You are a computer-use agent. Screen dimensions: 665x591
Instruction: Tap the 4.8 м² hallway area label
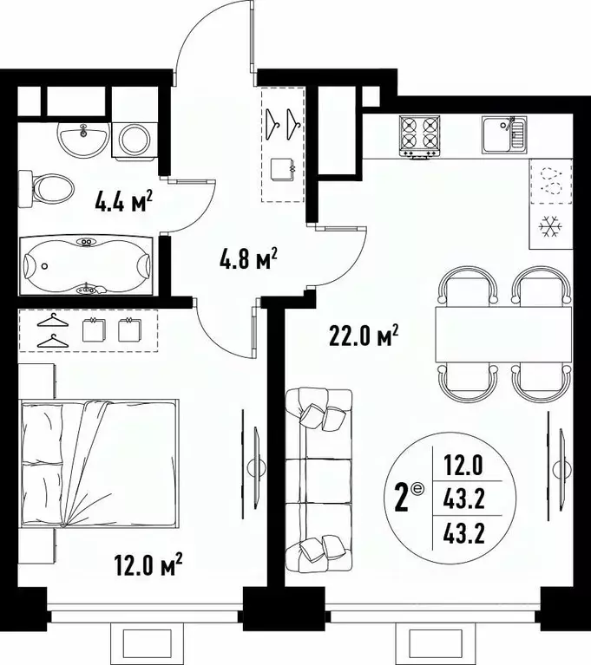[x=247, y=258]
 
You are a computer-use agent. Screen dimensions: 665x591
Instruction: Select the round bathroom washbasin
[x=84, y=137]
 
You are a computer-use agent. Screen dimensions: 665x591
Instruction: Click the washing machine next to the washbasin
[x=134, y=137]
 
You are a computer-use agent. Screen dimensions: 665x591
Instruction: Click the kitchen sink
[x=504, y=134]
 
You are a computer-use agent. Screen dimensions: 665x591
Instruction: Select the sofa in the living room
[x=318, y=475]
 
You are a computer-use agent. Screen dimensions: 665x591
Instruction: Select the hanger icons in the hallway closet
[x=284, y=122]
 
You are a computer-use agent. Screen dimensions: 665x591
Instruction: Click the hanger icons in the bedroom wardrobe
[x=53, y=330]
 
